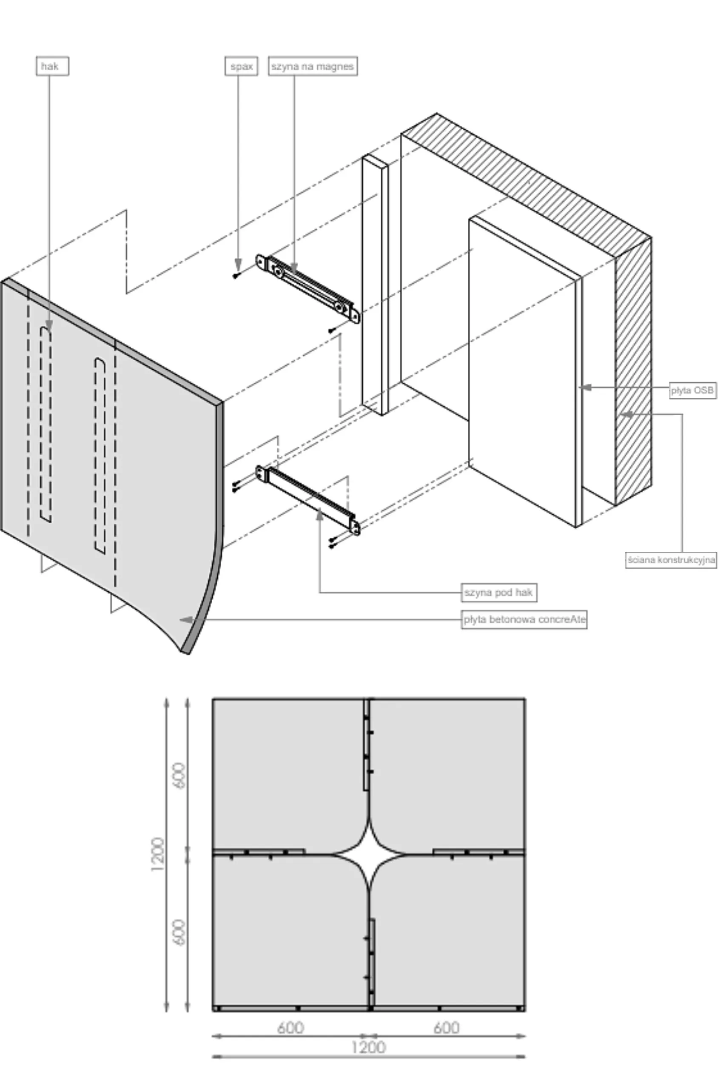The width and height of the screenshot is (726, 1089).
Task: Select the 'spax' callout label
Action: click(241, 66)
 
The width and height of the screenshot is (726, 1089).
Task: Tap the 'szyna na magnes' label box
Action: click(313, 66)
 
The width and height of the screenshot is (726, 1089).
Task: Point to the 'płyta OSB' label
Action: click(693, 391)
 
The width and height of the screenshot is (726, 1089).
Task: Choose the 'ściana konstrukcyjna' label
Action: click(671, 560)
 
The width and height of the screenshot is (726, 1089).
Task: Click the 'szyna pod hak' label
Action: click(498, 592)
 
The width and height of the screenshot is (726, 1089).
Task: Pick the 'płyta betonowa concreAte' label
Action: click(524, 619)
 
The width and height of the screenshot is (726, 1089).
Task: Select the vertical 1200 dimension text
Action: click(158, 854)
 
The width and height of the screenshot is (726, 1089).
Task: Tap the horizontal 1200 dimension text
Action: click(369, 1047)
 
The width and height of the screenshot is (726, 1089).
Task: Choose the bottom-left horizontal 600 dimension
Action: click(290, 1028)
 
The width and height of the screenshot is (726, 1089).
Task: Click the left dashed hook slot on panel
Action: click(46, 424)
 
